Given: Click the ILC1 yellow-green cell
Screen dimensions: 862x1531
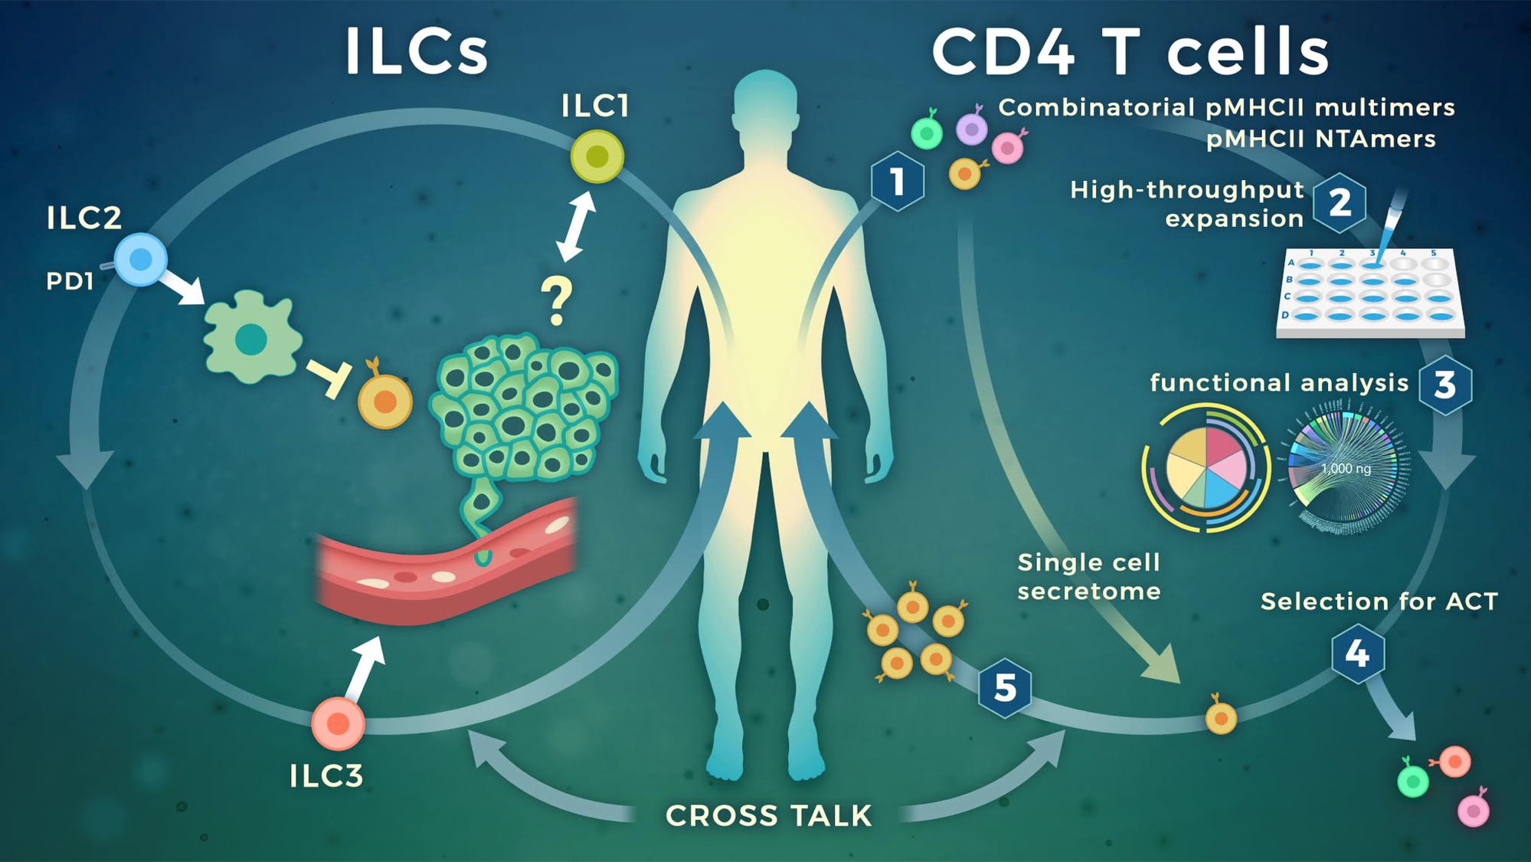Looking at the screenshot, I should coord(597,156).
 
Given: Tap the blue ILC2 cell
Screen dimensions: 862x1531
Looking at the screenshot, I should coord(141,260).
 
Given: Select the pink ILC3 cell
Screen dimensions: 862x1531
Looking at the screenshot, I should coord(338,723).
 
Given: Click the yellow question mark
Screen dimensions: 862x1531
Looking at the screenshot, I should coord(557,301).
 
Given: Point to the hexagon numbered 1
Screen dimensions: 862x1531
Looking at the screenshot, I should coord(897,181).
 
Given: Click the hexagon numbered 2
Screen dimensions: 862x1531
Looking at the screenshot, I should coord(1340,202).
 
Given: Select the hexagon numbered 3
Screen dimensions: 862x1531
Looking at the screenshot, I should coord(1444,385).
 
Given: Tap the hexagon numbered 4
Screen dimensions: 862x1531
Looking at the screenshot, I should coord(1357,654).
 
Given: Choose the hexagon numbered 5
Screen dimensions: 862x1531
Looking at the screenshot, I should coord(1004,687).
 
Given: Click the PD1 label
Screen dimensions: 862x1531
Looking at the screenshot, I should coord(70,281).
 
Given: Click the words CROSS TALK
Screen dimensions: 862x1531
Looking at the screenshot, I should coord(768,816).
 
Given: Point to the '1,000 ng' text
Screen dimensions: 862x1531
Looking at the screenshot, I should coord(1346,468).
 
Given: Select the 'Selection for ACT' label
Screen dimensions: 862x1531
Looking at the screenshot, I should coord(1379,601).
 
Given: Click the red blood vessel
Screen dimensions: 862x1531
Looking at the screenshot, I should coord(444,563).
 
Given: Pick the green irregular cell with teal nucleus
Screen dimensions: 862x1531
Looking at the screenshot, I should coord(250,338).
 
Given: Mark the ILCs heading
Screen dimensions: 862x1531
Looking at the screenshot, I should coord(416,51).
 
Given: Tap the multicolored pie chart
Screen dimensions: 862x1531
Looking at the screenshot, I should coord(1206,468).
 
